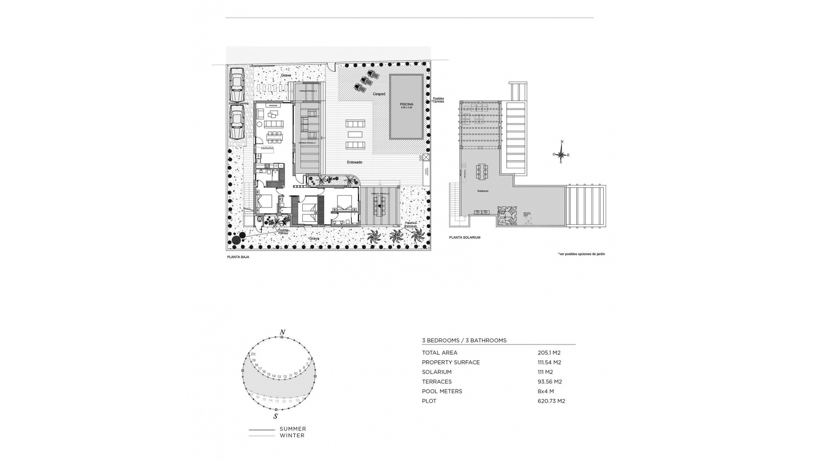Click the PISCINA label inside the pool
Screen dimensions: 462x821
point(406,104)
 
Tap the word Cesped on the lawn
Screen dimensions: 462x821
point(379,94)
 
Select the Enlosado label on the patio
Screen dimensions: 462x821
point(354,162)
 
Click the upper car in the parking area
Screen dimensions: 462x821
point(236,86)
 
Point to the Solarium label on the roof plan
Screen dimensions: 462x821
point(483,191)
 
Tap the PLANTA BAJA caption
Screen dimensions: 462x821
point(238,257)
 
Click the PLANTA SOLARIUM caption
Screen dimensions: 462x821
point(464,237)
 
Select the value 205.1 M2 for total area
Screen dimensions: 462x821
point(549,353)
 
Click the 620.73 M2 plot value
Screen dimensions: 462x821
point(551,401)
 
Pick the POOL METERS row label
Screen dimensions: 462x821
point(442,391)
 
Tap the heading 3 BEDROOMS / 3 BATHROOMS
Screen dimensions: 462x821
point(464,341)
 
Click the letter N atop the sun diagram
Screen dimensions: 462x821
point(282,332)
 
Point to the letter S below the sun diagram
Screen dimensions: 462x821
point(276,416)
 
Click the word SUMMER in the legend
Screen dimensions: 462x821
point(292,429)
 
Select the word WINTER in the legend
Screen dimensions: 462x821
point(292,435)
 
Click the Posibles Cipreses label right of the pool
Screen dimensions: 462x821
point(438,100)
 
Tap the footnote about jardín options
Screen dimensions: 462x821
point(582,254)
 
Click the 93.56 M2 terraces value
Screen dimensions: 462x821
point(549,382)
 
